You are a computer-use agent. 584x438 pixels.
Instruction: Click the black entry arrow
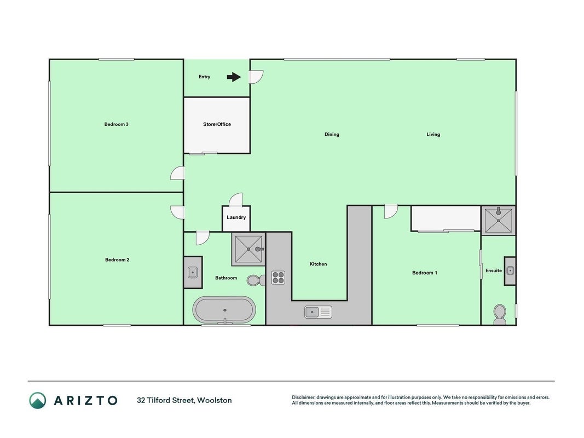pyautogui.click(x=234, y=77)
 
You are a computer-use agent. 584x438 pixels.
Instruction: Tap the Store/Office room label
pyautogui.click(x=217, y=124)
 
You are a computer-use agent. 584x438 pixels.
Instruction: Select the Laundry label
pyautogui.click(x=236, y=217)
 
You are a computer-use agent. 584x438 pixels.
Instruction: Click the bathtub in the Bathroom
pyautogui.click(x=224, y=310)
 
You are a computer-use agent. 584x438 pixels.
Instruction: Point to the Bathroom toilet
pyautogui.click(x=256, y=280)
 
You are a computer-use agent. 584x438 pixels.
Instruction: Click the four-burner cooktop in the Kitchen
pyautogui.click(x=278, y=278)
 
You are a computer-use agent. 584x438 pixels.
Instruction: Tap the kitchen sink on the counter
pyautogui.click(x=318, y=312)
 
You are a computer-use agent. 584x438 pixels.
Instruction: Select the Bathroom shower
pyautogui.click(x=248, y=249)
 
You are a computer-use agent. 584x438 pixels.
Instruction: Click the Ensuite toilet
pyautogui.click(x=500, y=314)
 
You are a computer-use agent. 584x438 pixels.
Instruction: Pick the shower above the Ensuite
pyautogui.click(x=498, y=221)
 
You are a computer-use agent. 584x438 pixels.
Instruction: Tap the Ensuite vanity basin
pyautogui.click(x=510, y=271)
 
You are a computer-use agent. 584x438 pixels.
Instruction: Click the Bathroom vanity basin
pyautogui.click(x=193, y=272)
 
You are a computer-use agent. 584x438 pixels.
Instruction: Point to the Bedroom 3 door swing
pyautogui.click(x=177, y=173)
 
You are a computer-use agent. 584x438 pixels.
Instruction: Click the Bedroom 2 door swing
pyautogui.click(x=177, y=212)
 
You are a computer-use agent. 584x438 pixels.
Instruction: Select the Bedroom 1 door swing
pyautogui.click(x=391, y=211)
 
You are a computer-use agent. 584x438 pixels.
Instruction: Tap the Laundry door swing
pyautogui.click(x=236, y=200)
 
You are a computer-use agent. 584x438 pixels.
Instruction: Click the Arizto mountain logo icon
pyautogui.click(x=38, y=400)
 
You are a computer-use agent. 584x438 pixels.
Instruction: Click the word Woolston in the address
pyautogui.click(x=215, y=400)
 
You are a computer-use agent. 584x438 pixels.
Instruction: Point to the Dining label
pyautogui.click(x=332, y=135)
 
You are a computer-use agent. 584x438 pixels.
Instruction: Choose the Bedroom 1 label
pyautogui.click(x=425, y=273)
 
